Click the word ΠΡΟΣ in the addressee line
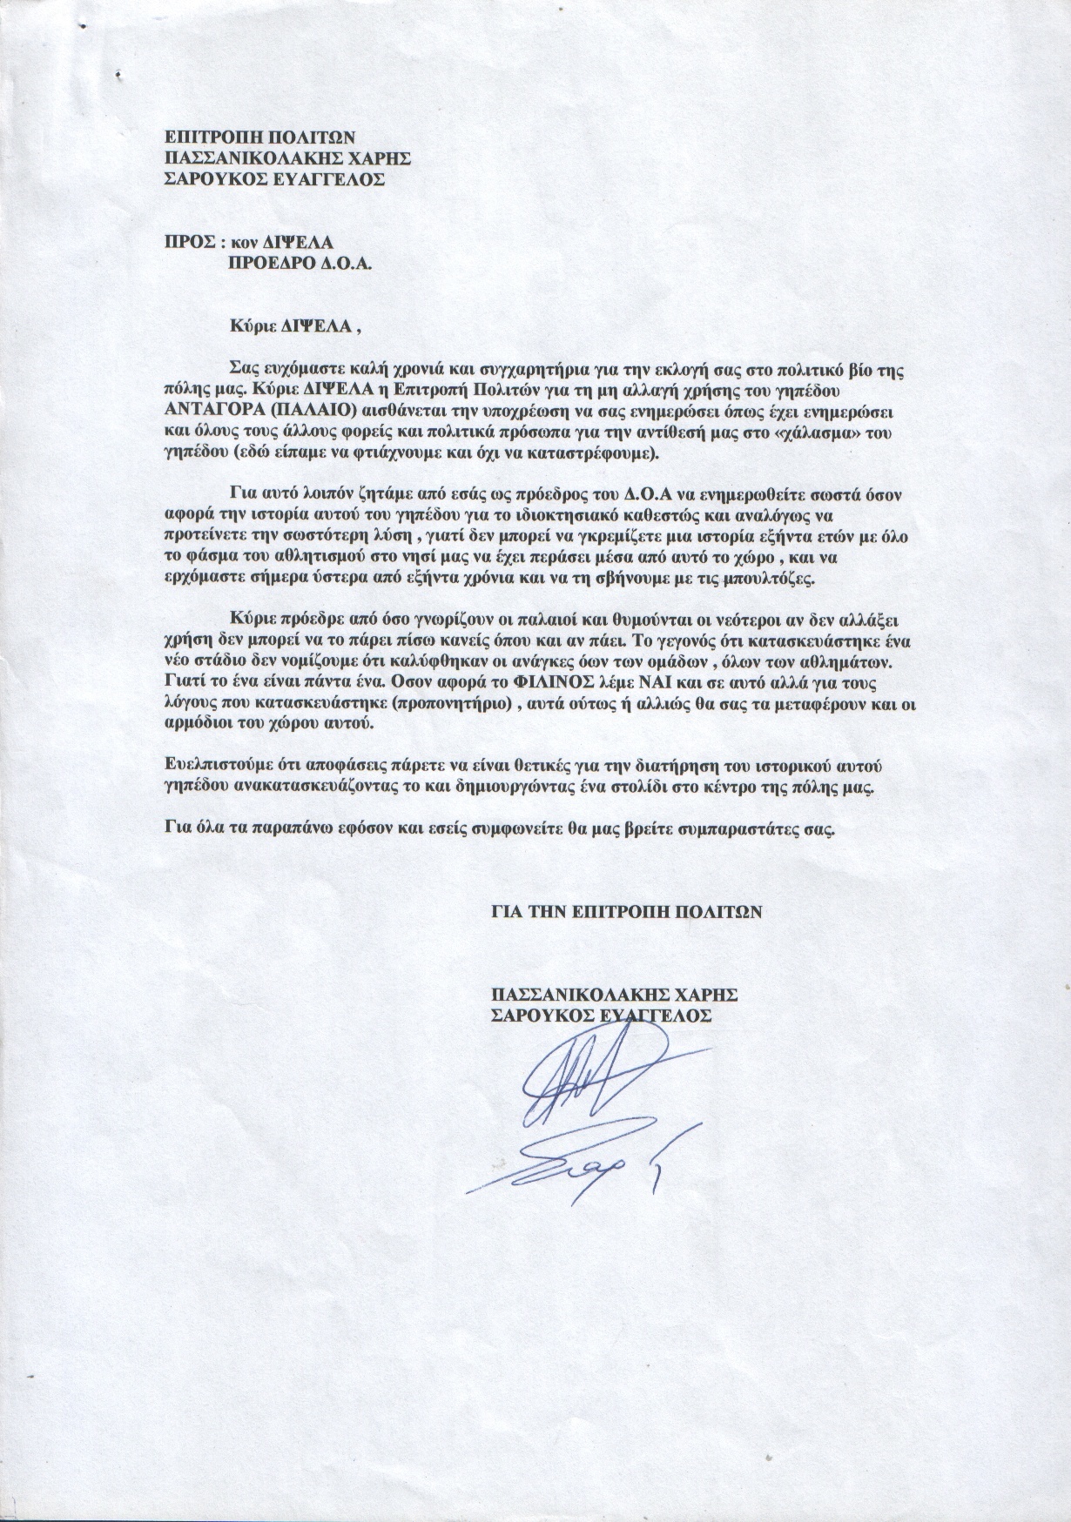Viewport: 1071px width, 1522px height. [185, 245]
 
